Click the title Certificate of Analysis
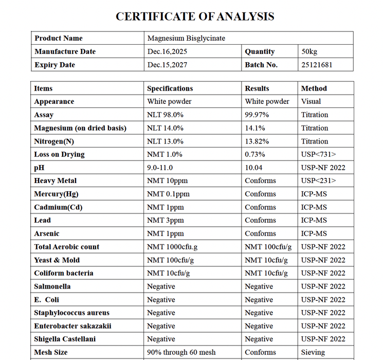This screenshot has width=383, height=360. coord(195,16)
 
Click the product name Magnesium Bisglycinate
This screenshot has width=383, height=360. coord(186,39)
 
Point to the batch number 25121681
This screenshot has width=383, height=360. coord(317,65)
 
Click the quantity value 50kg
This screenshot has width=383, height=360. coord(310,51)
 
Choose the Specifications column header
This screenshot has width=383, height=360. coord(170,88)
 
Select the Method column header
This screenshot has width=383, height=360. coord(314,88)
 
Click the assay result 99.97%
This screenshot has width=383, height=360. coord(258,115)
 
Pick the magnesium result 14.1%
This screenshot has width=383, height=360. coord(256,128)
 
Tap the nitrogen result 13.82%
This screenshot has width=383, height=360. coord(258,141)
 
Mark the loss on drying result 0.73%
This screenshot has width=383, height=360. coord(256,154)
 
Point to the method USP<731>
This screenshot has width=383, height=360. coord(319,154)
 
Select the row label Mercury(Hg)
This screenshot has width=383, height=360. coord(56,194)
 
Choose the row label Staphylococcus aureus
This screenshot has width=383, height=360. coord(72,313)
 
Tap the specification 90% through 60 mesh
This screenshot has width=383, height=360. coord(181,352)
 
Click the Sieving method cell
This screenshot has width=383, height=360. coord(313,352)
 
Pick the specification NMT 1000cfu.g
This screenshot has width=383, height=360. coord(172,247)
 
